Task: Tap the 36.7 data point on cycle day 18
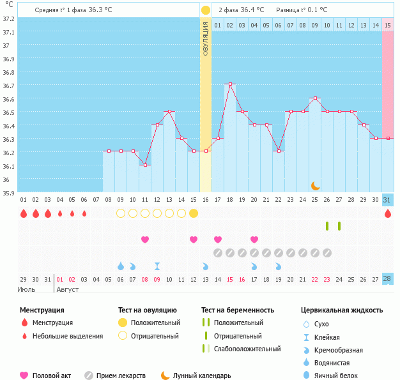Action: (230, 84)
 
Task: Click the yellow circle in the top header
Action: (206, 10)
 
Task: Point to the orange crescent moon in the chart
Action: (316, 186)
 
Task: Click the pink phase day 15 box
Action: (388, 25)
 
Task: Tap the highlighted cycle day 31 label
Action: (388, 200)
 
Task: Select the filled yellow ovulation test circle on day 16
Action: (194, 213)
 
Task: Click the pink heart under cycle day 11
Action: (145, 239)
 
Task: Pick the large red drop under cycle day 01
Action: (24, 213)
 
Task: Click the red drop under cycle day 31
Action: (388, 213)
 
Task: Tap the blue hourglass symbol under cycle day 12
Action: (157, 266)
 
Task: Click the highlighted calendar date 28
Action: (388, 279)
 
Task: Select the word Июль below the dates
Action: (27, 289)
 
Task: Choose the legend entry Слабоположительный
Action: (247, 349)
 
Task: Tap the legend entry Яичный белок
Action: (341, 376)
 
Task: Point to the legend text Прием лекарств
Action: (121, 376)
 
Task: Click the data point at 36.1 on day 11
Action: (145, 165)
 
